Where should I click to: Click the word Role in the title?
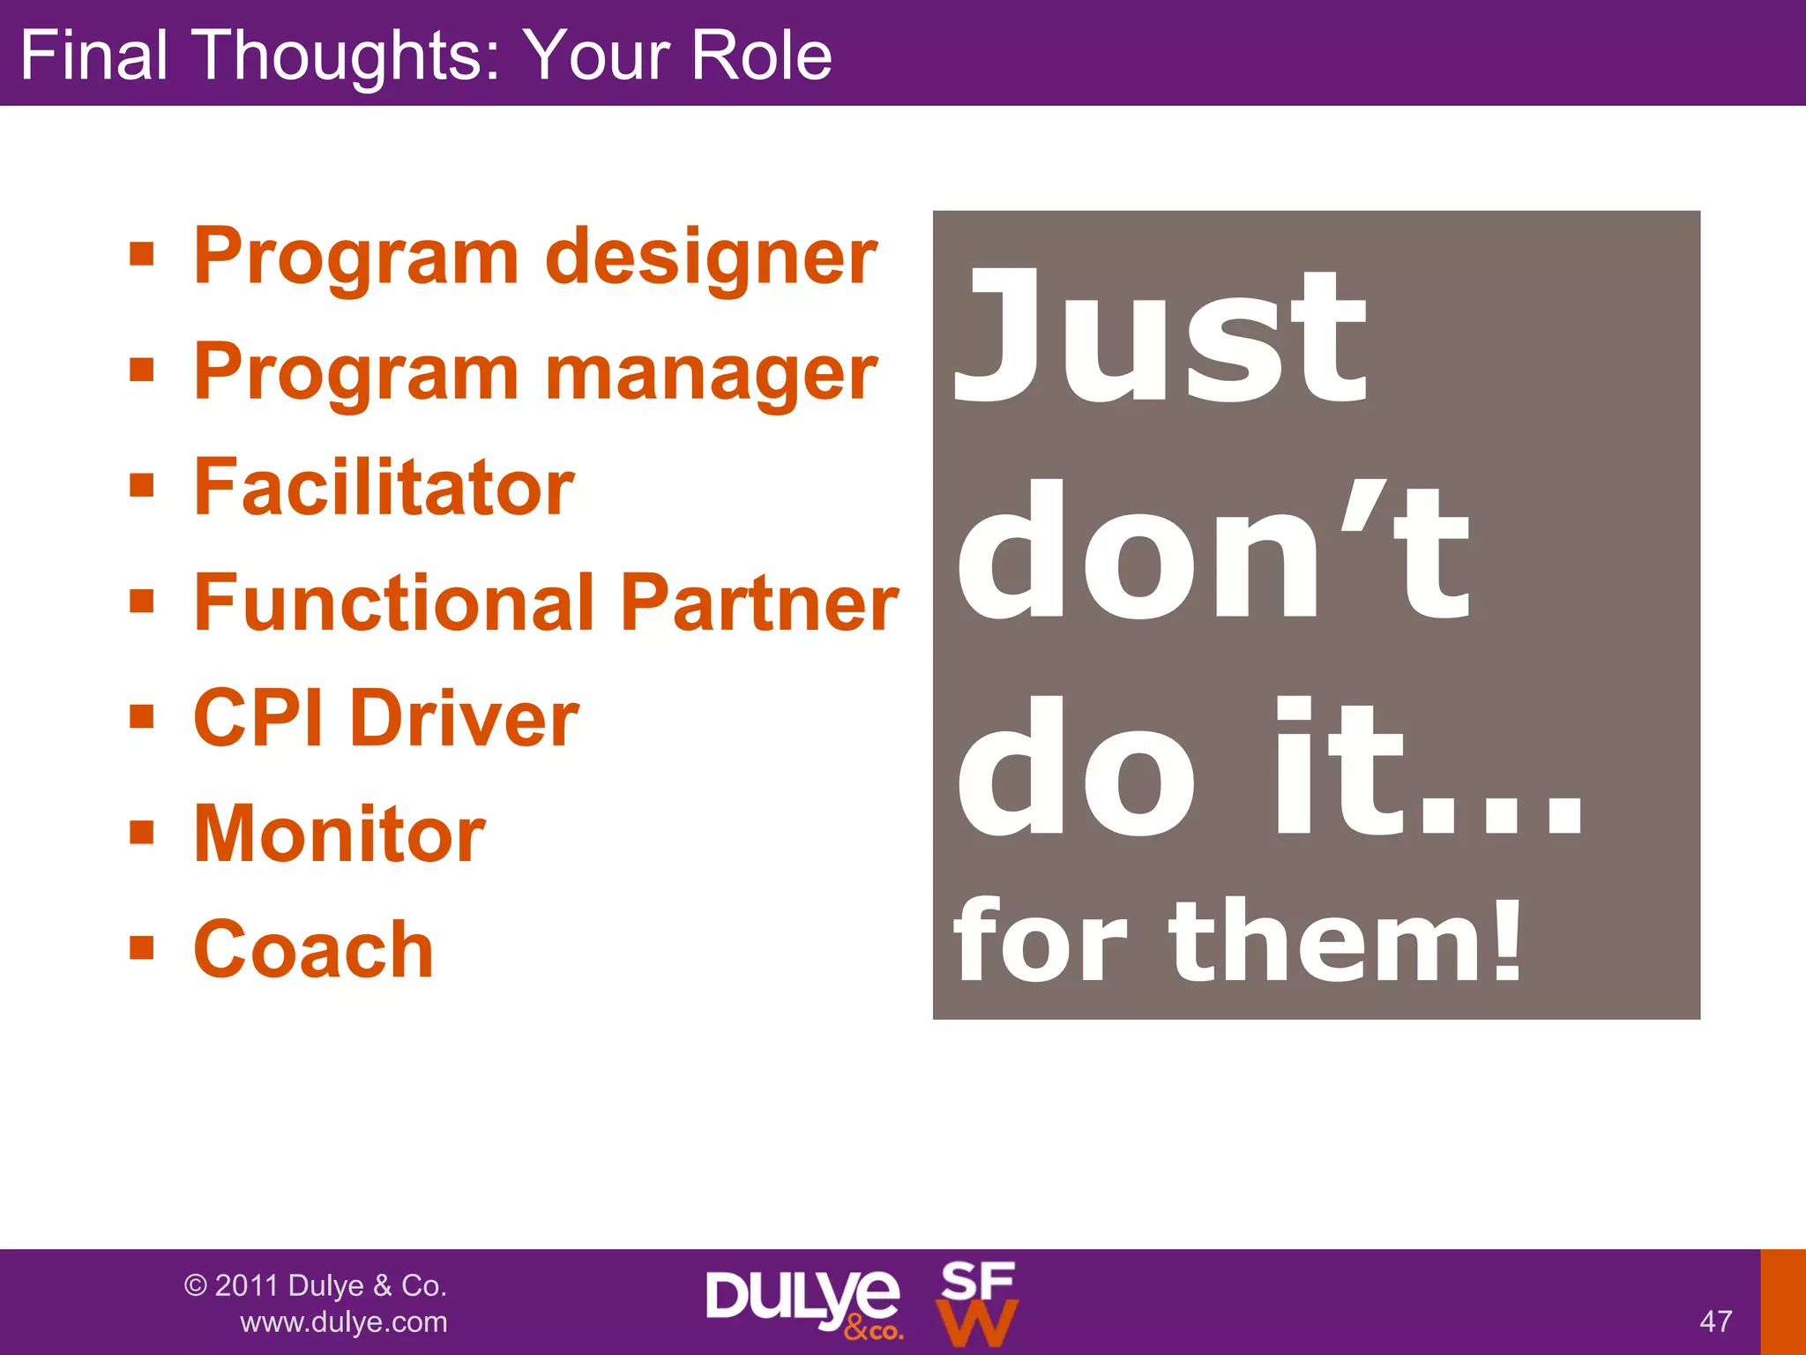point(761,55)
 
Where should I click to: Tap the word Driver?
point(465,719)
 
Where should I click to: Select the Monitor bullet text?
point(340,835)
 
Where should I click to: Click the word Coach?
point(313,950)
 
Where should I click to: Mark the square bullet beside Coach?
point(141,948)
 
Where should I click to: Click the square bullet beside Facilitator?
point(141,485)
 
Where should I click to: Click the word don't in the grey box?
point(1213,551)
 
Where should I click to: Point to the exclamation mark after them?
point(1506,940)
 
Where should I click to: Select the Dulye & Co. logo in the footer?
point(802,1302)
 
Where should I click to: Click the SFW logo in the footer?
point(976,1304)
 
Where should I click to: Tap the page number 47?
point(1715,1321)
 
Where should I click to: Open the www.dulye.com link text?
point(344,1322)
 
